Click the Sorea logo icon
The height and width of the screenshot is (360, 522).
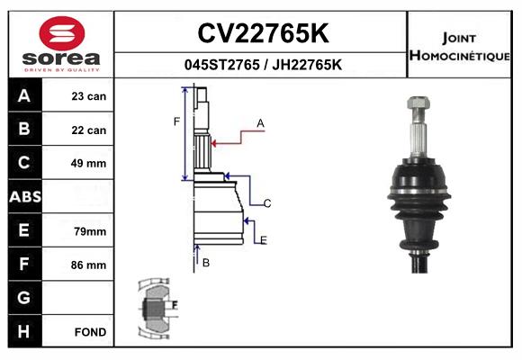tap(61, 34)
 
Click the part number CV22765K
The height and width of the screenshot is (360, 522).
tap(262, 33)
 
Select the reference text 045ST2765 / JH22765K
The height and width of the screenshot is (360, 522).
tap(262, 66)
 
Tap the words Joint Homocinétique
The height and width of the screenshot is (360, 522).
tap(462, 46)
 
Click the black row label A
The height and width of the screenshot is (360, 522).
tap(24, 96)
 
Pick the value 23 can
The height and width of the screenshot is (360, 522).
tap(89, 96)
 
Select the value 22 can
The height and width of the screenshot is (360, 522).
tap(89, 130)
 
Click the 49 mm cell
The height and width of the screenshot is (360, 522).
tap(89, 164)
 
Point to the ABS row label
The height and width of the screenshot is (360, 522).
tap(24, 197)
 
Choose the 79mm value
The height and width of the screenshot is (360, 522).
tap(89, 231)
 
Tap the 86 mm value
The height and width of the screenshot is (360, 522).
tap(89, 265)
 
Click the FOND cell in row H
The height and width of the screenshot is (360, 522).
tap(89, 332)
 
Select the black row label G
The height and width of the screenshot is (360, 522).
tap(24, 298)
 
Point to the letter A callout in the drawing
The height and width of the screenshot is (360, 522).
tap(260, 122)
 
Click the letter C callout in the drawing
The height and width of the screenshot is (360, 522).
tap(267, 203)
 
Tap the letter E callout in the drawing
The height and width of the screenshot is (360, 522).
tap(264, 239)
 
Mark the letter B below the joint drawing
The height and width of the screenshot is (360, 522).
tap(206, 263)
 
